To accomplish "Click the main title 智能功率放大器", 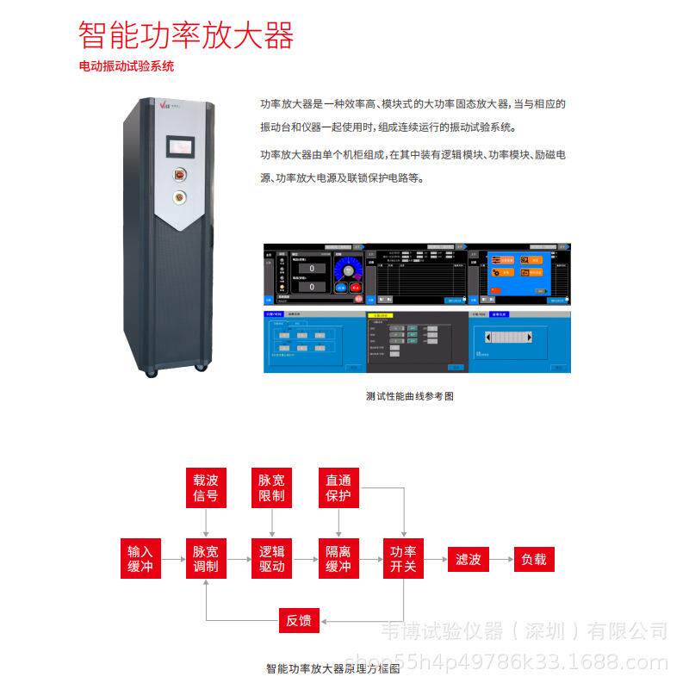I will (186, 35).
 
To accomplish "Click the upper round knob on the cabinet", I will (180, 172).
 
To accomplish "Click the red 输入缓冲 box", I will (140, 559).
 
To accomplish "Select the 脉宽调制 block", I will (206, 559).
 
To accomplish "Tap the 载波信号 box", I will (206, 487).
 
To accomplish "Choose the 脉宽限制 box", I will (272, 487).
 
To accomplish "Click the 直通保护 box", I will (338, 487).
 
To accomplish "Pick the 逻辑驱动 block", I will (272, 559).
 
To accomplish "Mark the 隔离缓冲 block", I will (338, 559).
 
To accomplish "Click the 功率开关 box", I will (404, 559).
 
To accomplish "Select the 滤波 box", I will (469, 559).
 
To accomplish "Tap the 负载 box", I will (534, 559).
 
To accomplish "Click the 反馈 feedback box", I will (299, 619).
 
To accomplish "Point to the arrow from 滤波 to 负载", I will (501, 559).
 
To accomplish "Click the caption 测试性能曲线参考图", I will (409, 396).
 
